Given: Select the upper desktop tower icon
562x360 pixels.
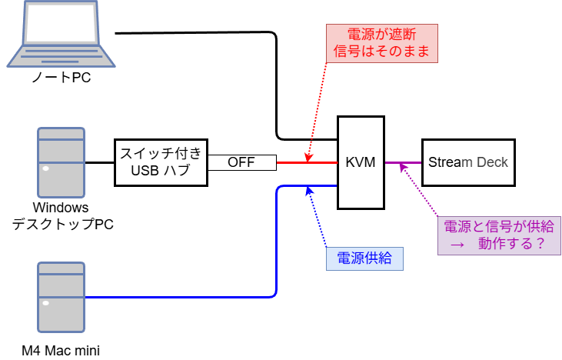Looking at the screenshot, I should (x=62, y=162).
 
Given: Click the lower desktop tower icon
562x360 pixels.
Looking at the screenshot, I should (x=62, y=296).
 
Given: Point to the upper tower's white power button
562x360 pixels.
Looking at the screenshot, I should (x=46, y=168).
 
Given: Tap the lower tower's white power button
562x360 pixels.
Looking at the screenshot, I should (x=46, y=302).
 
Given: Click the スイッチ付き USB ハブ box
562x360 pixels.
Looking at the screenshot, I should (x=161, y=162).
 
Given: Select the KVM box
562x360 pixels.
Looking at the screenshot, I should (x=361, y=162).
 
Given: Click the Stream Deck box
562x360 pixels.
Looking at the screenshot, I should (x=467, y=162).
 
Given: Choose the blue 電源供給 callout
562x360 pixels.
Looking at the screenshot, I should (x=364, y=258).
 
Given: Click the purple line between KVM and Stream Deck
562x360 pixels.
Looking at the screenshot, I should (x=403, y=162).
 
